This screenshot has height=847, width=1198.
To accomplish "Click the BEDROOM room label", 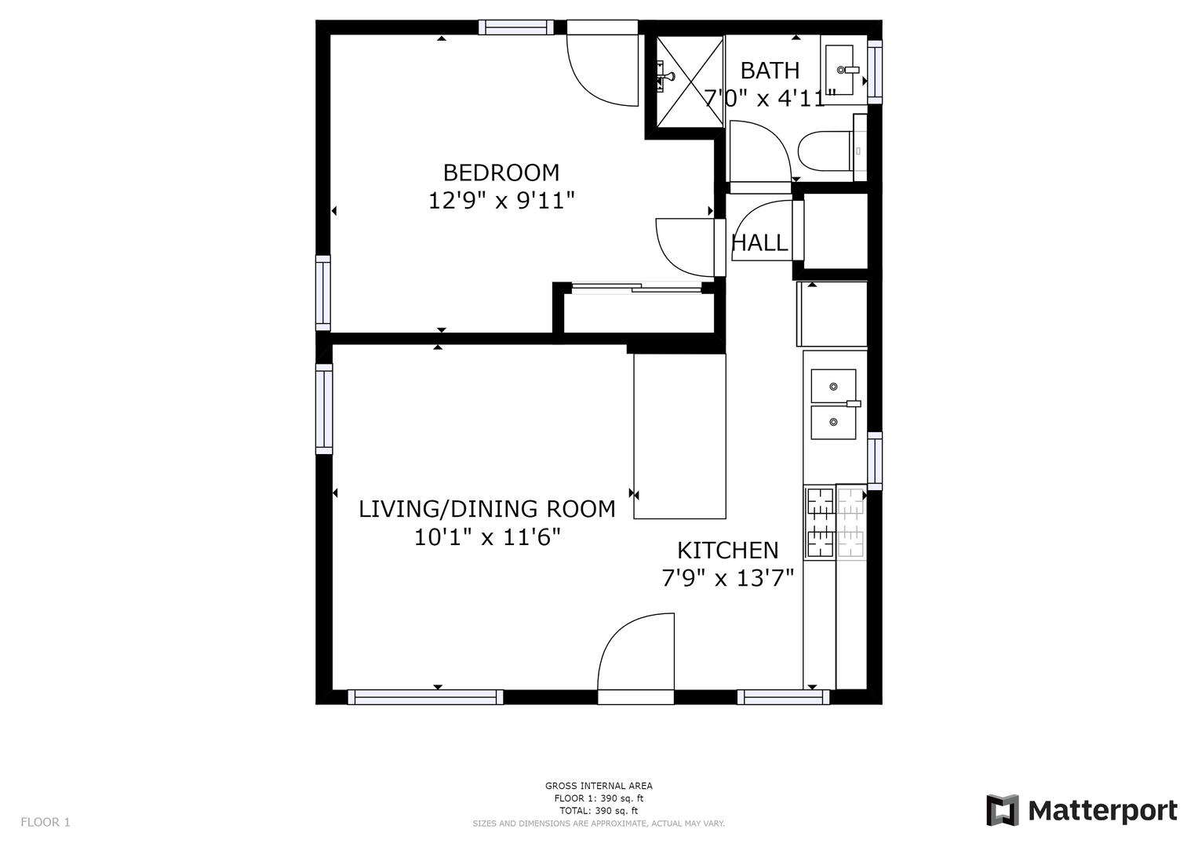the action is point(501,173).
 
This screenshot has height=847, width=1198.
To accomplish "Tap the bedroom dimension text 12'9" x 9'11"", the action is point(501,201).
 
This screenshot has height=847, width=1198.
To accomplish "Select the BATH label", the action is point(770,71).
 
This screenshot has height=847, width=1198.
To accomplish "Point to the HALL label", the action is point(759,243).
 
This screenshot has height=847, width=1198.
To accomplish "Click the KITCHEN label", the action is point(727,551).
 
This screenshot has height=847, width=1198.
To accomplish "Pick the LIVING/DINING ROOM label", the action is point(486,508).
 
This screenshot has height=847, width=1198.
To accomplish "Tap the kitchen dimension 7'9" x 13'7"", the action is point(727,578).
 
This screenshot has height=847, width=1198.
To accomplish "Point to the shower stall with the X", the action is point(690,82).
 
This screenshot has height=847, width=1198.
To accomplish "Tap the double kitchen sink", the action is point(833,404).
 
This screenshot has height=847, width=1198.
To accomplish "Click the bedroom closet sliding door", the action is point(636,289).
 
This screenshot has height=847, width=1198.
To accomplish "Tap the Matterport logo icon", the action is point(1002,810).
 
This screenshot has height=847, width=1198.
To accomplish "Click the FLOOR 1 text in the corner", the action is point(46,822).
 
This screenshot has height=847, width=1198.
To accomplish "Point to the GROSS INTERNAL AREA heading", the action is point(599,786).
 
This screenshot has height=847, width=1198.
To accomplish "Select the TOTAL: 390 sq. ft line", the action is point(599,811).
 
